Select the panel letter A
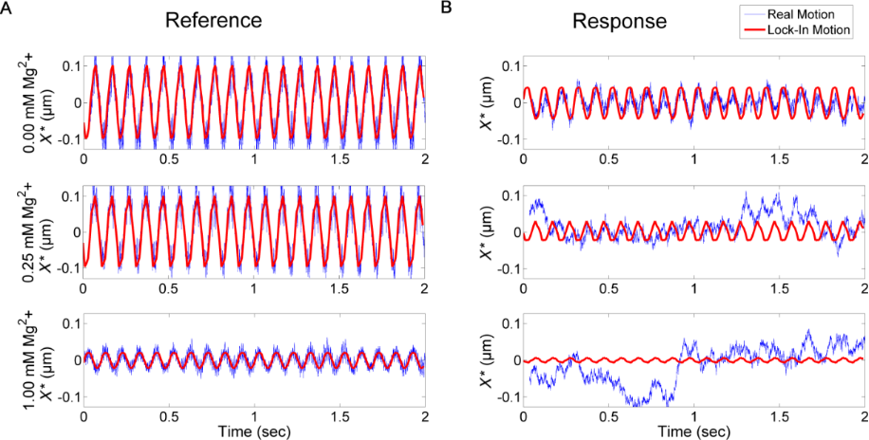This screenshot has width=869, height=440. (6, 7)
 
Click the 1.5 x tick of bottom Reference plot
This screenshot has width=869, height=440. (339, 416)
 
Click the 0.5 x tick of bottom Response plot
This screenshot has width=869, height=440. (609, 416)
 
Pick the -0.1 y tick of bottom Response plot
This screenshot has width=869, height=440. (508, 397)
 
